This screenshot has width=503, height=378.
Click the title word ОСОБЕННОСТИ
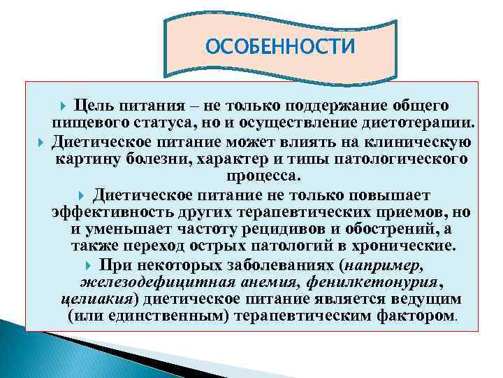280,46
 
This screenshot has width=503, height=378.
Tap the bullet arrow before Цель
65,106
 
